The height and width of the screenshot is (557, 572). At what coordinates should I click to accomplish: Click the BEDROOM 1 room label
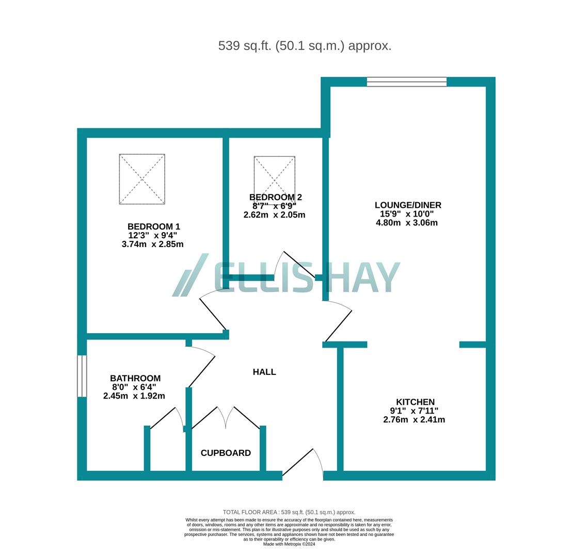click(x=154, y=226)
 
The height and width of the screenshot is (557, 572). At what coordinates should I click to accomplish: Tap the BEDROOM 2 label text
click(x=275, y=197)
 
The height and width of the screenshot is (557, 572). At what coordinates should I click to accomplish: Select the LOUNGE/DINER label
click(x=408, y=205)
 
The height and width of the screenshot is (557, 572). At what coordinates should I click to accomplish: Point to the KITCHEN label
click(x=415, y=402)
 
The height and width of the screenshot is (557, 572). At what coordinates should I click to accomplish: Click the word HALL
click(x=264, y=372)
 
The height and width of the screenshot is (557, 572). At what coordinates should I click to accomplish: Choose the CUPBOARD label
click(x=226, y=453)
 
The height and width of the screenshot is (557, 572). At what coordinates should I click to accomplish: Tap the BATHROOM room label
click(x=135, y=378)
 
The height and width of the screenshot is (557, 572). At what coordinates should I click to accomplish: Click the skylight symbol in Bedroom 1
click(x=142, y=179)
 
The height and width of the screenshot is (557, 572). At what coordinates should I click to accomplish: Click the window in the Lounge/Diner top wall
click(x=407, y=81)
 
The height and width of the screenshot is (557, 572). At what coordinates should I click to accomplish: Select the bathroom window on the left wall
click(x=82, y=376)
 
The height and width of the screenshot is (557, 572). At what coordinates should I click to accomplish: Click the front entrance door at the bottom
click(x=302, y=463)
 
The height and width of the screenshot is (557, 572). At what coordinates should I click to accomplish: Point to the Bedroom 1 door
click(x=213, y=313)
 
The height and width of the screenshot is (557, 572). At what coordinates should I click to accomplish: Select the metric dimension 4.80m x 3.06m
click(x=407, y=223)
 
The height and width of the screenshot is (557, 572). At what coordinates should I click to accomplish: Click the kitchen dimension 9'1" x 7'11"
click(x=414, y=411)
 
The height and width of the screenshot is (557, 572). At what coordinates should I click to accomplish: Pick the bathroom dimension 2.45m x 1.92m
click(x=134, y=396)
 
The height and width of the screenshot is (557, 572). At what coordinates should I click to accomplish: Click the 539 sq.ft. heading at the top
click(x=305, y=45)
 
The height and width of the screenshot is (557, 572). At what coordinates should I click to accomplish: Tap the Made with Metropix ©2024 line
click(x=289, y=544)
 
